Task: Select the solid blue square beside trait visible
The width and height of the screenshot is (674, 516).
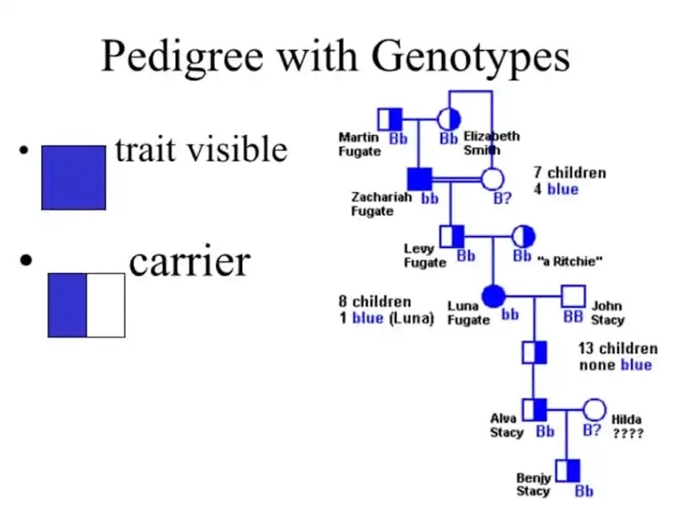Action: tap(73, 178)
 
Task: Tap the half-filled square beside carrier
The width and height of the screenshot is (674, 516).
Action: tap(86, 305)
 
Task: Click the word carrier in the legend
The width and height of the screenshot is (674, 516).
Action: tap(189, 262)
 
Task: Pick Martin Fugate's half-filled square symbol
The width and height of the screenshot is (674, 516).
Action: tap(390, 120)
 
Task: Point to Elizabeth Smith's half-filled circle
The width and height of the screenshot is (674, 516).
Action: tap(449, 120)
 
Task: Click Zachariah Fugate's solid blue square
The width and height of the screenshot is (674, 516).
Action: tap(420, 180)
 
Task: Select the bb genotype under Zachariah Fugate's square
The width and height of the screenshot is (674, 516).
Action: tap(430, 199)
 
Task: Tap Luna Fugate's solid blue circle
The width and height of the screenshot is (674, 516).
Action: tap(493, 296)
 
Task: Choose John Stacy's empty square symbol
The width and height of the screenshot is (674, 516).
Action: tap(573, 296)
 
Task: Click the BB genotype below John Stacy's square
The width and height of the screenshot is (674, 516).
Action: tap(573, 316)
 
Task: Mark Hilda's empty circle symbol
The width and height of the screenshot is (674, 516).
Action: tap(594, 410)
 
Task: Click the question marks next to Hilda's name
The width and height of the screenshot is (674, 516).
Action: tap(628, 434)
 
